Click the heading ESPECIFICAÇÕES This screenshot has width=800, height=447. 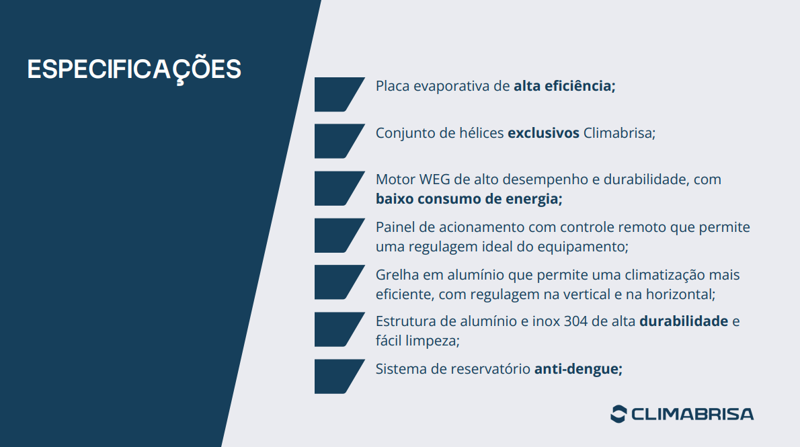134,69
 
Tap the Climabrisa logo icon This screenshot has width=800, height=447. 618,414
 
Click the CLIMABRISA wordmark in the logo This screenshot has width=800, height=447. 692,414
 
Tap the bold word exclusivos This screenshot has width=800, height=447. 543,132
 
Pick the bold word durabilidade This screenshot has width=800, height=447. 684,321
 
